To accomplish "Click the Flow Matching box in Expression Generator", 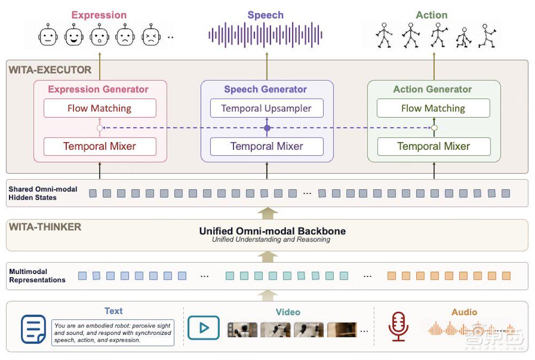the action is click(100, 108).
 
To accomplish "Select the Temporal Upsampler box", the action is click(266, 108).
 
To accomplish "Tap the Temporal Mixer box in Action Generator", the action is click(434, 147).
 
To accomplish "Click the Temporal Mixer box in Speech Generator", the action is click(266, 147).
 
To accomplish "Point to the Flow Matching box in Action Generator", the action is click(433, 108).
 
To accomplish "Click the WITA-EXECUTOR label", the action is click(50, 70).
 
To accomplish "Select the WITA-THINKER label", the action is click(45, 227).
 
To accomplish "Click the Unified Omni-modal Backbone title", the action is click(272, 231).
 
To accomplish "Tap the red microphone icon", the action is click(398, 326).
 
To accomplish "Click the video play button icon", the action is click(204, 327).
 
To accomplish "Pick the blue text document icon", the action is click(33, 330).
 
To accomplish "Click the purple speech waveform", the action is click(265, 35).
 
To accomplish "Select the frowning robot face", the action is click(125, 35).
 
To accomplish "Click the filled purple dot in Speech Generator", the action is click(267, 128).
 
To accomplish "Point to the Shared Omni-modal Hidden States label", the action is click(43, 193).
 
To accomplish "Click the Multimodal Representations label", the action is click(37, 275).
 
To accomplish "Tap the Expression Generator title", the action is click(98, 89).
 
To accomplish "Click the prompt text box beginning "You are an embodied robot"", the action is click(112, 333).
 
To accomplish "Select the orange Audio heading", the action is click(464, 312).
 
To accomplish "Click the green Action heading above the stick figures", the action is click(432, 15).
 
